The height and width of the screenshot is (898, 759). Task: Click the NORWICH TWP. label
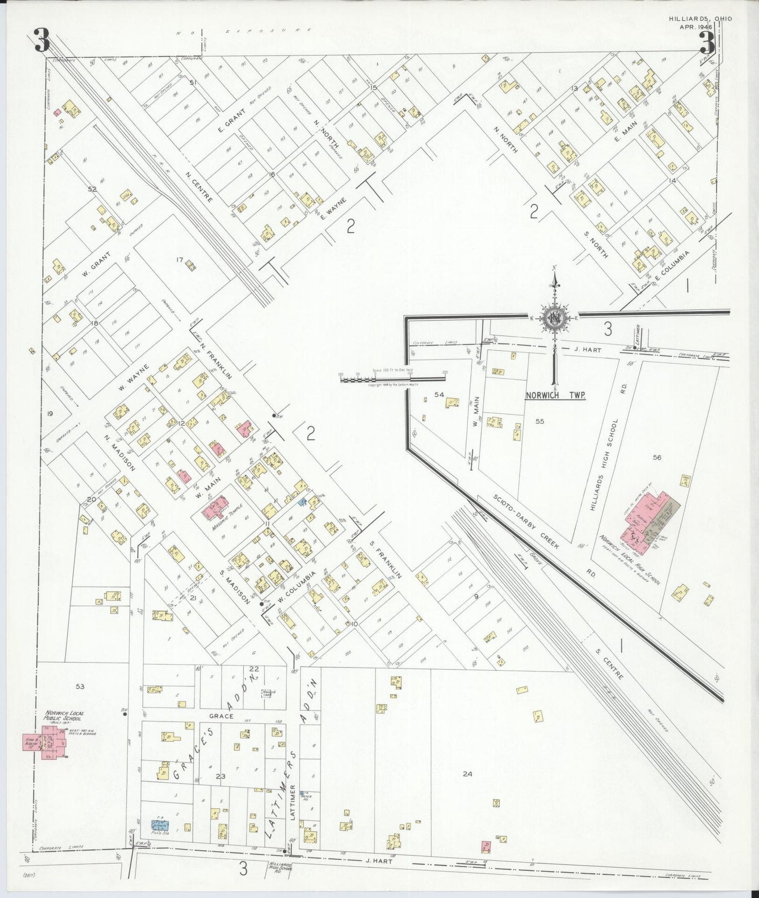556,395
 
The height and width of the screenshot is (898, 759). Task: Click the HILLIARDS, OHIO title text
701,18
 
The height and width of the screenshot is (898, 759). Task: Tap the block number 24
467,773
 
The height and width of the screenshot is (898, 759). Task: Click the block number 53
80,686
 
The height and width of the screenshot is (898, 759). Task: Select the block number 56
657,457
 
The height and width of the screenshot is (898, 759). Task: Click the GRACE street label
221,716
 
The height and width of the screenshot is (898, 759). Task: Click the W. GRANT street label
96,265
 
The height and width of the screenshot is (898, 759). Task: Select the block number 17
179,259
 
